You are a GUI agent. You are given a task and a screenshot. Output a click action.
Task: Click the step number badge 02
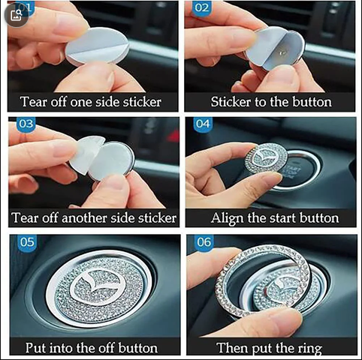tap(202, 7)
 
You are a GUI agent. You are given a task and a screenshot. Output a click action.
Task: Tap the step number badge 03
tap(26, 124)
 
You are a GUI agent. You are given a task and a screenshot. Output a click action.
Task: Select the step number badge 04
tap(203, 124)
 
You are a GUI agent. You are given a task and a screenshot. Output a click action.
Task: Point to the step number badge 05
tap(27, 242)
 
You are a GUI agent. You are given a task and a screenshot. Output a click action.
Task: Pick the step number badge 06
tap(204, 242)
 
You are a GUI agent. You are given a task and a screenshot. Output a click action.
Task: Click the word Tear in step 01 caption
tap(34, 102)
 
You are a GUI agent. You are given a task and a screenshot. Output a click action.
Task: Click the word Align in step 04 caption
tap(227, 218)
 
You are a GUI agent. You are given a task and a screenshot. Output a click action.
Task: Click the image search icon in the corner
tap(17, 15)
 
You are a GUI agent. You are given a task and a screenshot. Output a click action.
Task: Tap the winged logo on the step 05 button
tap(98, 286)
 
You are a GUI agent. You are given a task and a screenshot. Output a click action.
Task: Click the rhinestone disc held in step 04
tap(265, 158)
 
